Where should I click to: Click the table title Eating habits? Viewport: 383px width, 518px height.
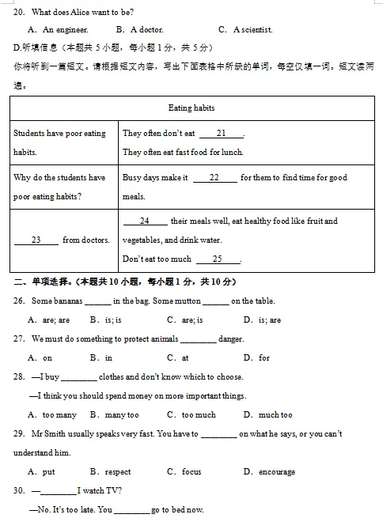[191, 108]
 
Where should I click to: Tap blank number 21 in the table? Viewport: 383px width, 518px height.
[221, 134]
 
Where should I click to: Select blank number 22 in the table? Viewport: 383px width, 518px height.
[214, 178]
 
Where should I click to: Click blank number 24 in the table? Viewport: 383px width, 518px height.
[145, 221]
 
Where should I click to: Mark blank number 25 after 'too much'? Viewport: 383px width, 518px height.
[217, 259]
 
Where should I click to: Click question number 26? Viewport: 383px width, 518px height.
[19, 301]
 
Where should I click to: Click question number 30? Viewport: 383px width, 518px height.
[19, 491]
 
